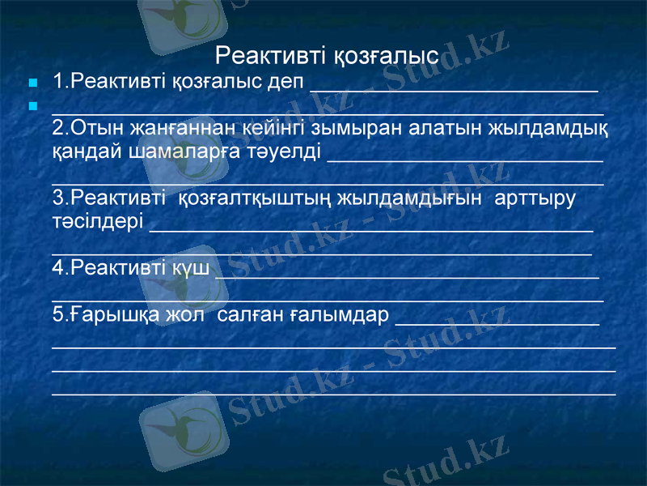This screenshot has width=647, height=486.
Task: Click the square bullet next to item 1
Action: [32, 83]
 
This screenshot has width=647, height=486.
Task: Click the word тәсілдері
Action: [98, 220]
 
